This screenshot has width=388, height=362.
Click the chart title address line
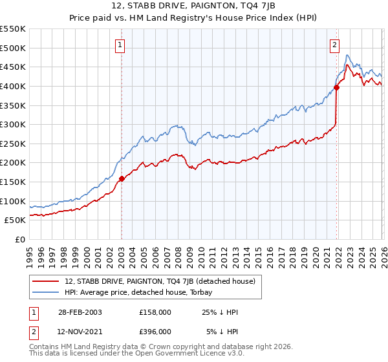pos(193,7)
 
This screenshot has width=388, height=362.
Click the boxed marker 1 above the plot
pos(121,45)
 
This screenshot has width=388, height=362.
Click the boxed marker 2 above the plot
pos(334,45)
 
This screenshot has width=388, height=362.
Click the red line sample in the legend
pos(46,281)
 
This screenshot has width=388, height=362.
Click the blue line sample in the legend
pos(46,292)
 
